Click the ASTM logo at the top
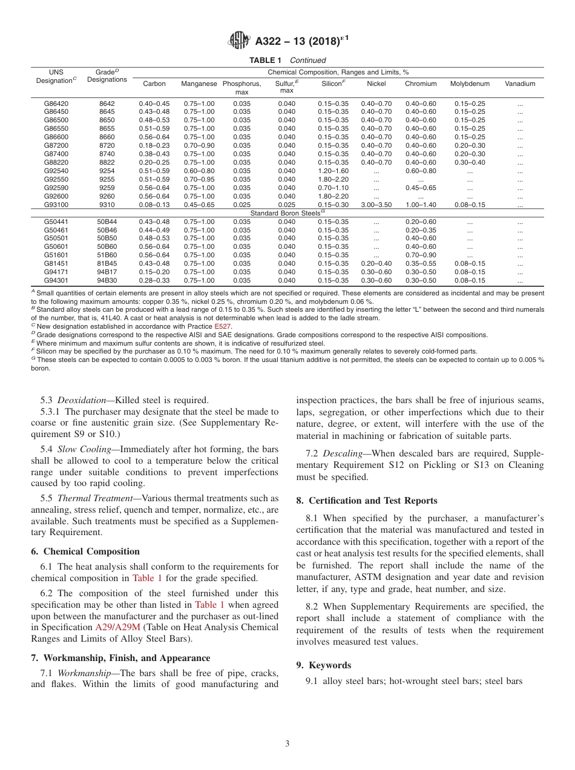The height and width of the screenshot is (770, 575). (239, 41)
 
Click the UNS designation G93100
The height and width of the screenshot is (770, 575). (56, 205)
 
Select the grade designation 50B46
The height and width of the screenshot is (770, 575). (107, 230)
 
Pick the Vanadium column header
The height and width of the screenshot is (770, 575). (520, 84)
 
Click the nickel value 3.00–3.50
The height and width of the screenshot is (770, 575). (376, 205)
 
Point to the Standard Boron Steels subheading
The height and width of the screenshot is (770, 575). (287, 213)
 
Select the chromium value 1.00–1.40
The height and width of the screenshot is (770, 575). (421, 205)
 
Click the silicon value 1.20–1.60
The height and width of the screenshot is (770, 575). (333, 171)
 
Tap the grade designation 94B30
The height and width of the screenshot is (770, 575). (107, 281)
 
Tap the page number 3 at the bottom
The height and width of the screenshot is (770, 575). (287, 744)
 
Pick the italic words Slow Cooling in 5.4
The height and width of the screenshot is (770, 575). (83, 449)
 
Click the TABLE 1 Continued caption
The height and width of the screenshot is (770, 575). (287, 60)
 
